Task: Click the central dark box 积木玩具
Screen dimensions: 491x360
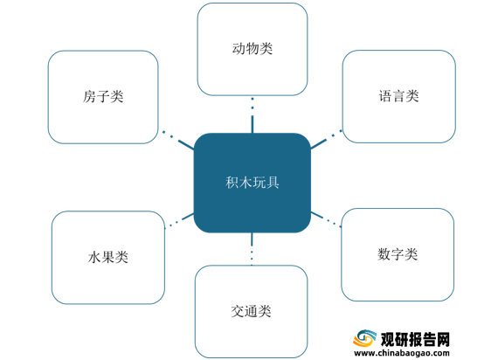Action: click(252, 183)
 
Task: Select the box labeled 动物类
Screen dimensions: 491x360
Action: click(252, 49)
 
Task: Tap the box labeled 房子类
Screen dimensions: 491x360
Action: click(103, 97)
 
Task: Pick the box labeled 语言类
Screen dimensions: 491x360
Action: click(399, 96)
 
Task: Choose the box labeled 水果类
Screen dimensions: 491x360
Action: click(108, 258)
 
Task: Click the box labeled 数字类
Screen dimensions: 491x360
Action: click(398, 254)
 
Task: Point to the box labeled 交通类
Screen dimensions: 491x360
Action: click(251, 311)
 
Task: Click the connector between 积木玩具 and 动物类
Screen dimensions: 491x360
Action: click(252, 115)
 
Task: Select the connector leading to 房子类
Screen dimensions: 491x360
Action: click(178, 141)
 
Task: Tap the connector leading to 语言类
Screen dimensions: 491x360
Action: click(327, 139)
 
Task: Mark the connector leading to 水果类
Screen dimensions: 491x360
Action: click(179, 220)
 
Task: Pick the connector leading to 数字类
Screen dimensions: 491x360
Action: click(326, 219)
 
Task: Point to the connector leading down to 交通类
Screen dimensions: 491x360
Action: click(252, 249)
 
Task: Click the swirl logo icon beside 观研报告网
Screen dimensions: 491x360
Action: click(365, 338)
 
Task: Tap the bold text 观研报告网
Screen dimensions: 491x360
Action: click(415, 339)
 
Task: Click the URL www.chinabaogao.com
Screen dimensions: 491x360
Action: click(402, 353)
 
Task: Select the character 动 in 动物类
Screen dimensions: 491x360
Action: click(239, 49)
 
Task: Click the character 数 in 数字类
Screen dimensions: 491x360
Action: click(384, 254)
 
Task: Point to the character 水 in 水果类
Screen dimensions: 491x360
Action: click(94, 258)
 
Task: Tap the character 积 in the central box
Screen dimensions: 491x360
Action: click(232, 183)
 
